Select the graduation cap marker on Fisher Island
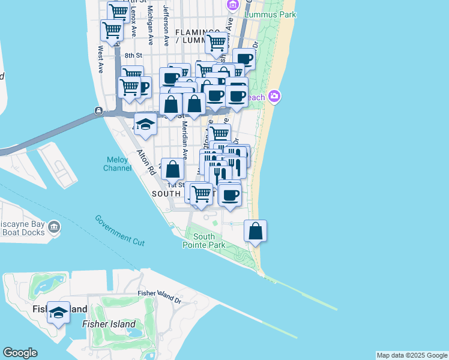tap(58, 313)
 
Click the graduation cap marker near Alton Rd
tap(145, 125)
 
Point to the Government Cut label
tap(120, 229)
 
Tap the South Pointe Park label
tap(204, 241)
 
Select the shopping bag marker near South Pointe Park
tap(255, 231)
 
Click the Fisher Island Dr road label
tap(159, 296)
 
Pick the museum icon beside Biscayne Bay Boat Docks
tap(54, 226)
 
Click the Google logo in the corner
tap(20, 353)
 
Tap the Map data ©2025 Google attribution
tap(412, 355)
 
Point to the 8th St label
tap(132, 56)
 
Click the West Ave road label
tap(101, 59)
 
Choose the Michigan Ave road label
tap(150, 30)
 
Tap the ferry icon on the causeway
tap(98, 111)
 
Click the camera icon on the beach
tap(274, 96)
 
